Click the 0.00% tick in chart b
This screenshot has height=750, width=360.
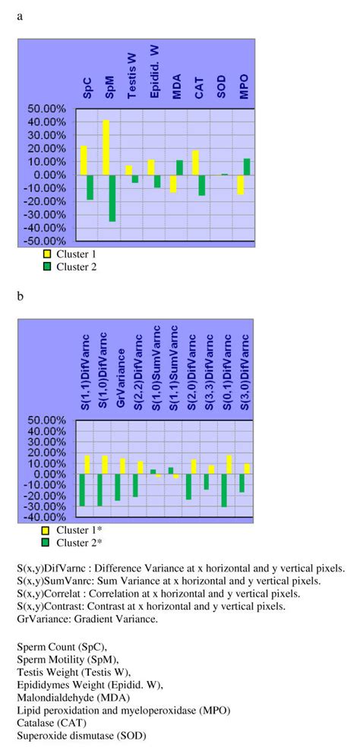tap(57, 474)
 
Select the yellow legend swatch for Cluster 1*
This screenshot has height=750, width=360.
tap(46, 531)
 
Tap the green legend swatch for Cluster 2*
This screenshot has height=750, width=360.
tap(46, 542)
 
